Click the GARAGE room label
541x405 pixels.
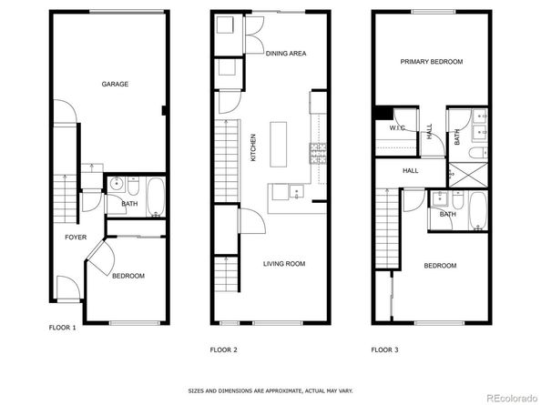115,84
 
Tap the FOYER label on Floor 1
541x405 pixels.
76,238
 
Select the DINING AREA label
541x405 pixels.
286,54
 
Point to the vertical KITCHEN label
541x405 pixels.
253,147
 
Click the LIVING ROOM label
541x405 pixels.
284,264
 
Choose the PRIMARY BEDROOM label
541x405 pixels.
432,62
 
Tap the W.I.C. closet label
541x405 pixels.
397,128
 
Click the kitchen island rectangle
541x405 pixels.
278,144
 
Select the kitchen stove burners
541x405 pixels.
318,154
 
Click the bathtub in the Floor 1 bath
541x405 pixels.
156,197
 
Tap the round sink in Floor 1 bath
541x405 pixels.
117,184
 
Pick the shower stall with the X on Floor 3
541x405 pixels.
468,175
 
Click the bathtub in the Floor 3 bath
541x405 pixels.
478,210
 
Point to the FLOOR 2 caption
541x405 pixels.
223,349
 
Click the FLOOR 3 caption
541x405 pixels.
384,349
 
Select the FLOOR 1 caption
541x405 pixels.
63,328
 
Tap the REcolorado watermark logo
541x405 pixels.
512,398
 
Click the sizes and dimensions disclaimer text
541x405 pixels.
270,390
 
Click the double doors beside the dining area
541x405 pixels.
254,35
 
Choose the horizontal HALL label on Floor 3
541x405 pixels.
410,170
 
